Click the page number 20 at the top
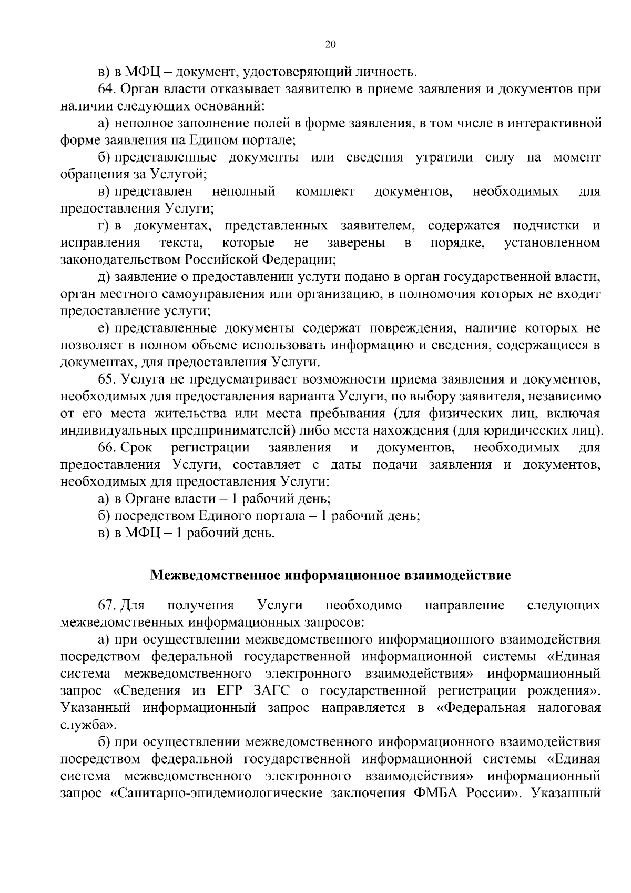(x=330, y=45)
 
